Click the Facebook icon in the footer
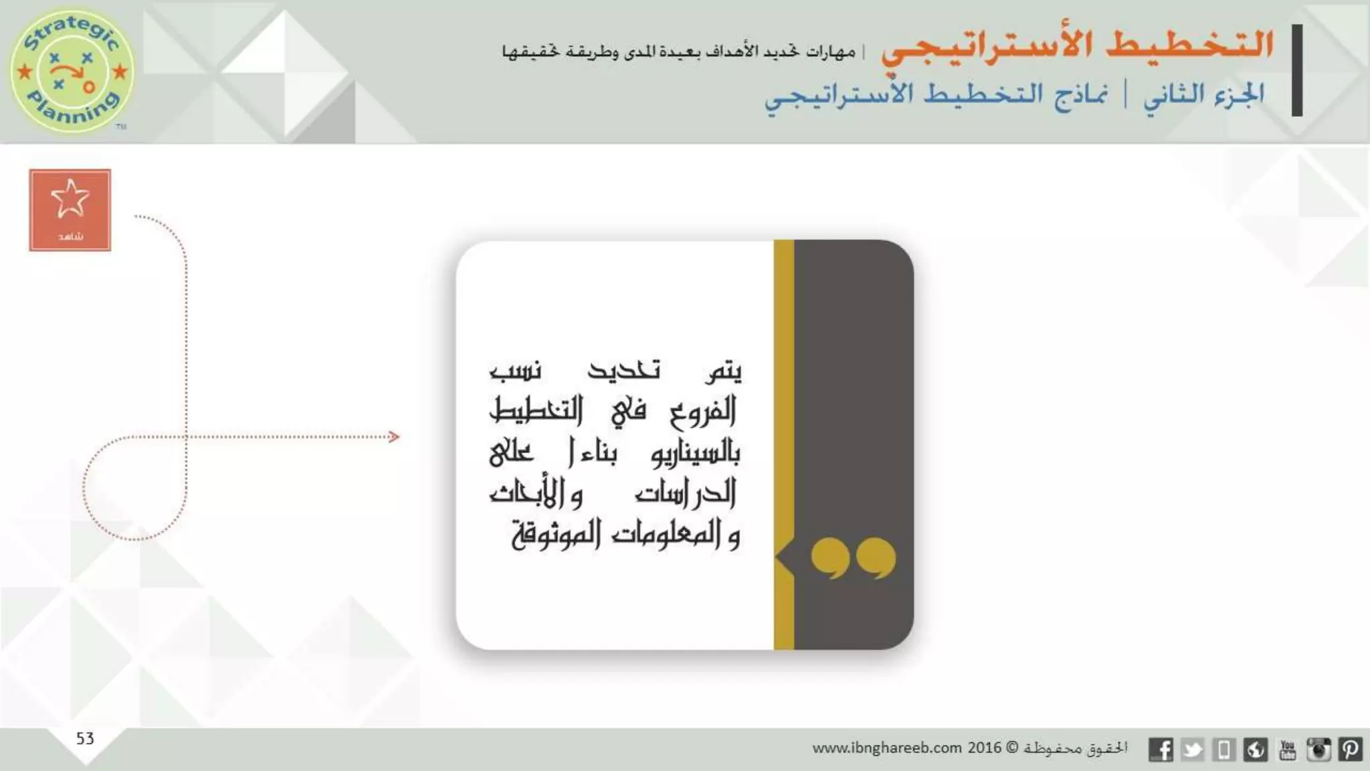click(x=1161, y=750)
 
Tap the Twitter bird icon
click(x=1193, y=750)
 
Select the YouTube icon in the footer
click(x=1287, y=750)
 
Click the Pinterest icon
click(x=1350, y=750)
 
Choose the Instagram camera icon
click(x=1318, y=750)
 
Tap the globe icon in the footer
click(x=1256, y=750)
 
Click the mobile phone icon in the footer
click(x=1224, y=750)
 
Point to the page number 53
click(x=85, y=738)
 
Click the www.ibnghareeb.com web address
click(x=887, y=748)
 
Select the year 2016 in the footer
click(x=985, y=748)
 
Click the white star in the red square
click(x=70, y=199)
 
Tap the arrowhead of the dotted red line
click(x=394, y=437)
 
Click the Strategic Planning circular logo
click(x=72, y=70)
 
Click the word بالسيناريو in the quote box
click(x=696, y=453)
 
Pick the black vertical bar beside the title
click(x=1297, y=70)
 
